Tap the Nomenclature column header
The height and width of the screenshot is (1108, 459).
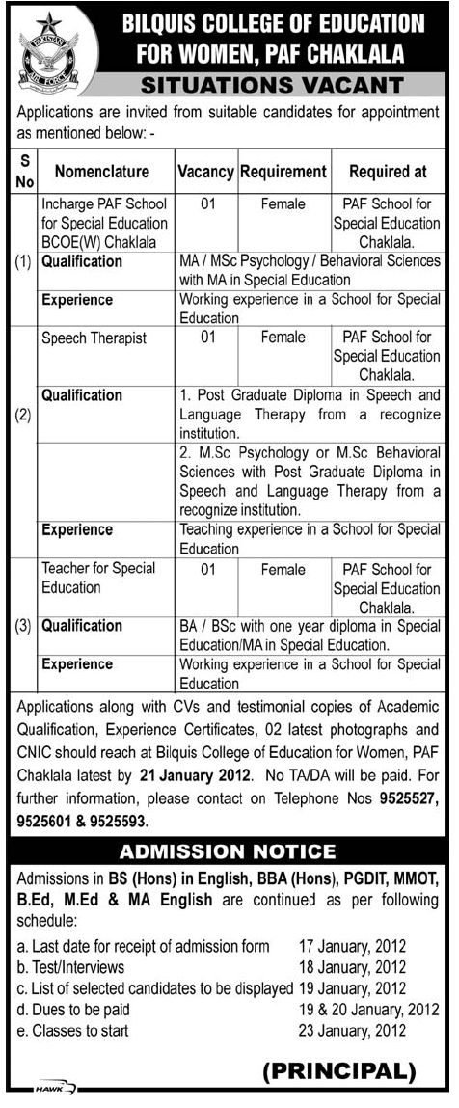click(101, 173)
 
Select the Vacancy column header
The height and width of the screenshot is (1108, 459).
click(205, 173)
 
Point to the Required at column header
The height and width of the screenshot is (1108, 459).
click(387, 173)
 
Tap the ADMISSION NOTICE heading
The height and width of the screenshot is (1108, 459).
click(228, 851)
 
